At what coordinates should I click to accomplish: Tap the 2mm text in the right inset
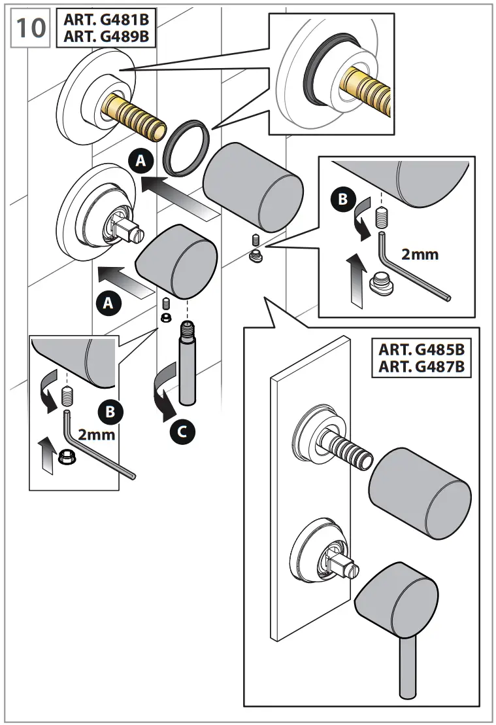point(420,254)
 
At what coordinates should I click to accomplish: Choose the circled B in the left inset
point(110,411)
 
